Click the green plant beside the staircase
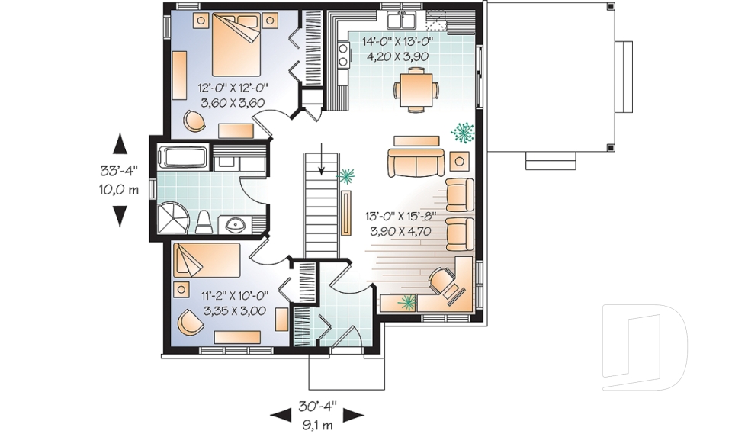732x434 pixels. coord(347,177)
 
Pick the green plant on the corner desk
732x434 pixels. coord(407,301)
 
